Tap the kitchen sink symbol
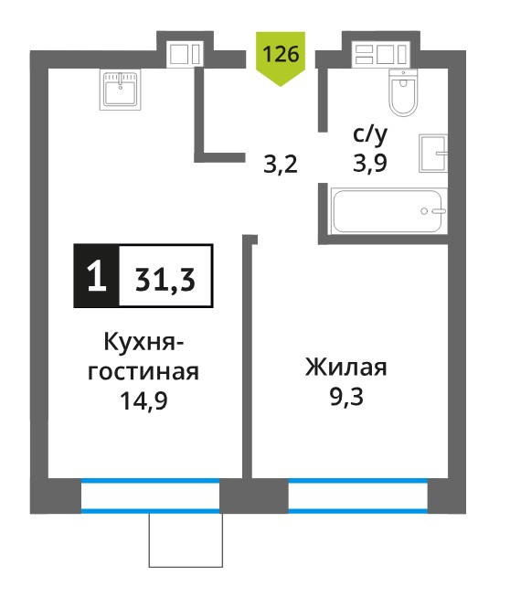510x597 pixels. tap(121, 90)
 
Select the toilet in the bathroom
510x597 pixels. tap(403, 92)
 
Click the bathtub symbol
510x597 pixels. tap(388, 210)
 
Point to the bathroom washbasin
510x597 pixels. tap(433, 153)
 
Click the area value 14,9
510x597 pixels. tap(143, 401)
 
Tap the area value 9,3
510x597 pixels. tap(346, 397)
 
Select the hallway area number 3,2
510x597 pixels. tap(281, 165)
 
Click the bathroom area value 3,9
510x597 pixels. tap(370, 163)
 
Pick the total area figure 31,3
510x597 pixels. tap(165, 280)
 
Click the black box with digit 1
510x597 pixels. tap(96, 276)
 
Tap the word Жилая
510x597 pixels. tap(346, 368)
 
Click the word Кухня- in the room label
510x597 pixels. tap(143, 342)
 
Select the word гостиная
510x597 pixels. tap(143, 372)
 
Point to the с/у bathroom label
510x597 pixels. tap(370, 135)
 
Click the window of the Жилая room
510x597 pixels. tap(358, 496)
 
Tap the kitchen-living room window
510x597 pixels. tap(151, 496)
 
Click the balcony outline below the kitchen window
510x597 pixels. tap(186, 567)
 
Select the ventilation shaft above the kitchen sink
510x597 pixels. tap(185, 54)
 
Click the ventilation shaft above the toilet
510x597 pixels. tap(381, 54)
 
